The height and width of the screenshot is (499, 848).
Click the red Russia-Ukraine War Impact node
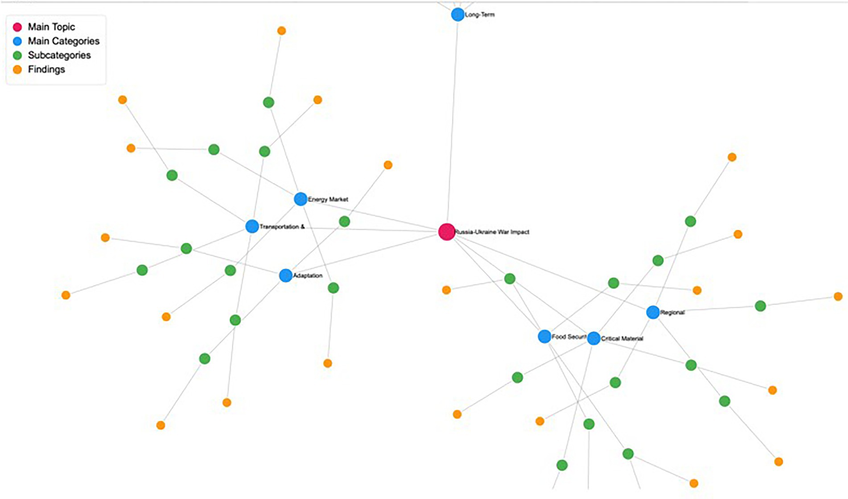[446, 232]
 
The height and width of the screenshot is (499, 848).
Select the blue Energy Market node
[301, 199]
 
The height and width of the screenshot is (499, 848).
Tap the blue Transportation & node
[252, 226]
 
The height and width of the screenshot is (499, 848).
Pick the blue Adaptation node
[285, 276]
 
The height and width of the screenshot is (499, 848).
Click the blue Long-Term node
[457, 15]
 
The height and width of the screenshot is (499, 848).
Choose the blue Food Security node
[544, 336]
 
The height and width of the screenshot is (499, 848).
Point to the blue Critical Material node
[593, 338]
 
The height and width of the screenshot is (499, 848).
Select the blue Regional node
[653, 312]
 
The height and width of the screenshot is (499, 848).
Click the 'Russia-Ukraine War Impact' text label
[492, 232]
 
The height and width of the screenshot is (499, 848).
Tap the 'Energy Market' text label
[328, 199]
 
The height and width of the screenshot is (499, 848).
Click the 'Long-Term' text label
[480, 15]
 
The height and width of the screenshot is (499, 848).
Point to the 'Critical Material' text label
[622, 338]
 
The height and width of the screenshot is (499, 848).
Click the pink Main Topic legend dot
[17, 27]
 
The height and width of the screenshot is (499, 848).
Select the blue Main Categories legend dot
[17, 41]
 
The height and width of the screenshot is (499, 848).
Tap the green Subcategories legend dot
[17, 56]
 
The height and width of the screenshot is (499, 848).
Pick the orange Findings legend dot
[17, 70]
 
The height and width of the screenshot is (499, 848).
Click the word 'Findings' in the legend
[46, 70]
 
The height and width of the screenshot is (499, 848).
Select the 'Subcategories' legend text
[59, 55]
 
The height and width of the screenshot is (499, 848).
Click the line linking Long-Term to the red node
[453, 120]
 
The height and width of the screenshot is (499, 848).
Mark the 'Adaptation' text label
[308, 276]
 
